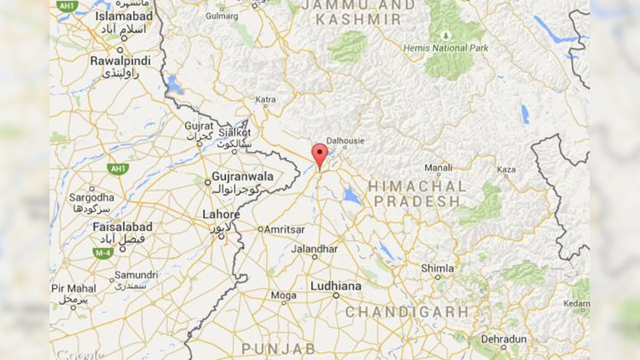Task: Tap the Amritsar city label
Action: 285,229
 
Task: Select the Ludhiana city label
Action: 335,286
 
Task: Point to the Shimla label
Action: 437,268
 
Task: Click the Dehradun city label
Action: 503,339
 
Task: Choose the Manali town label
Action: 438,168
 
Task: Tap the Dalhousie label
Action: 345,141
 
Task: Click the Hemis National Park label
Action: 446,48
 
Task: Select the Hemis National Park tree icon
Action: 446,36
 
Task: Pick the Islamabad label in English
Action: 124,17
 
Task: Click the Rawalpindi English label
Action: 120,61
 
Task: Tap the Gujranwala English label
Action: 243,176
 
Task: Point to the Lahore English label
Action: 221,214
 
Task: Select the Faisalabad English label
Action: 122,227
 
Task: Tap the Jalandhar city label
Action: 314,249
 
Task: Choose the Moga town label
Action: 283,295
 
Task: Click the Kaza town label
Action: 506,169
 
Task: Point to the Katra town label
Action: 266,100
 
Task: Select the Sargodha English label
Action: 91,197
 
